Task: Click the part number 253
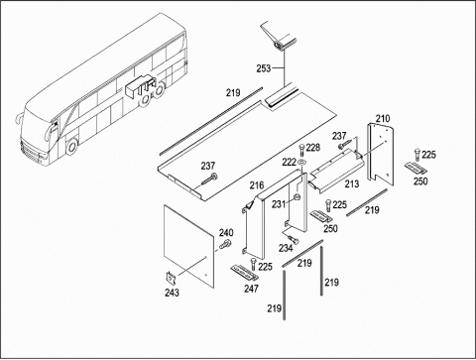pyautogui.click(x=264, y=68)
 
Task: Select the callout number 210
pyautogui.click(x=383, y=118)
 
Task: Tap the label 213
pyautogui.click(x=352, y=183)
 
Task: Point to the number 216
pyautogui.click(x=257, y=185)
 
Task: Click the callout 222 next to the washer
pyautogui.click(x=289, y=162)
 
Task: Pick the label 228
pyautogui.click(x=313, y=148)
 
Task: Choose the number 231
pyautogui.click(x=279, y=204)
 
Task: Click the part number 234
pyautogui.click(x=286, y=248)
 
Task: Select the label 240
pyautogui.click(x=226, y=232)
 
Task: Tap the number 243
pyautogui.click(x=172, y=293)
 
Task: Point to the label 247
pyautogui.click(x=251, y=289)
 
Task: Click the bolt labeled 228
pyautogui.click(x=301, y=151)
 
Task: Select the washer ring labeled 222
pyautogui.click(x=301, y=163)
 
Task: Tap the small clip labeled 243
pyautogui.click(x=172, y=278)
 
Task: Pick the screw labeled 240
pyautogui.click(x=225, y=245)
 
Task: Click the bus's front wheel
pyautogui.click(x=71, y=147)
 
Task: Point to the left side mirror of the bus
pyautogui.click(x=19, y=118)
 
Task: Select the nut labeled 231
pyautogui.click(x=297, y=197)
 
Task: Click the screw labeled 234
pyautogui.click(x=292, y=239)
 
